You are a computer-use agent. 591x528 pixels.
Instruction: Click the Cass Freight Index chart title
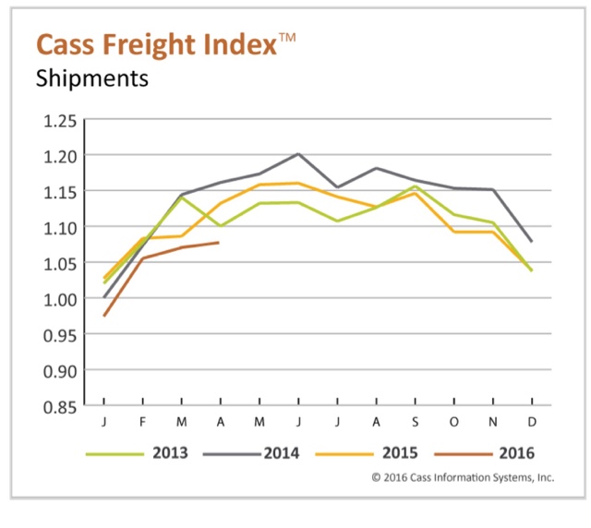coord(155,43)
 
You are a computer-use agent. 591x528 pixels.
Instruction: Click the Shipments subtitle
coord(91,78)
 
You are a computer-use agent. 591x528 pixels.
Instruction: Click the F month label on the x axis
coord(142,422)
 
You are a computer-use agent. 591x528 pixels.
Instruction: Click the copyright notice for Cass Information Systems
coord(462,477)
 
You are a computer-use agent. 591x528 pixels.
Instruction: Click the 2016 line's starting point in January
coord(103,316)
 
